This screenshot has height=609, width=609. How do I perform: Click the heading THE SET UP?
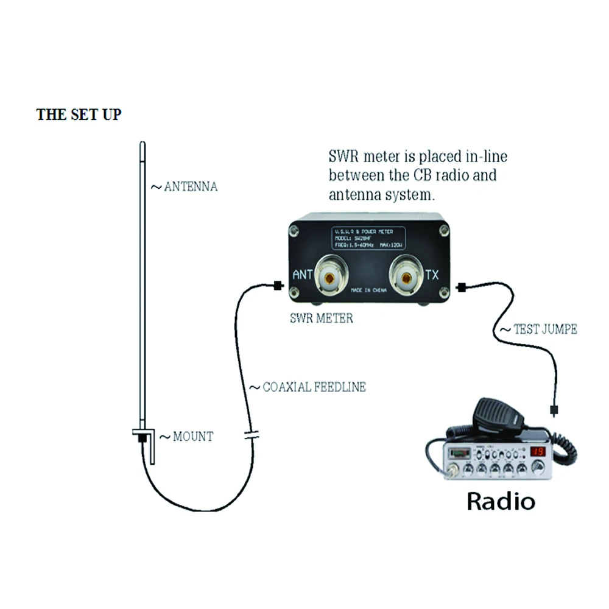click(x=79, y=114)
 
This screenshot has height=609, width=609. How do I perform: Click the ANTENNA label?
click(x=189, y=187)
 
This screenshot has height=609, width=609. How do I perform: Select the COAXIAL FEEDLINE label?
click(x=314, y=387)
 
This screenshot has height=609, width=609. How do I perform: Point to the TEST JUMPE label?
click(x=543, y=329)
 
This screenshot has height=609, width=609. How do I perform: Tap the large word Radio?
click(x=501, y=501)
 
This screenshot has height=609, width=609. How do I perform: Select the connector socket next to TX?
click(x=406, y=278)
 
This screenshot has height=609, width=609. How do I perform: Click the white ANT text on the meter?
click(x=302, y=275)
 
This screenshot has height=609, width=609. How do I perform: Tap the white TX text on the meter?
click(x=431, y=275)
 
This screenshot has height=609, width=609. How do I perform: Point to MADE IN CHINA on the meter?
click(x=368, y=292)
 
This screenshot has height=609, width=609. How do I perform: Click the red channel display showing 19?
click(x=537, y=452)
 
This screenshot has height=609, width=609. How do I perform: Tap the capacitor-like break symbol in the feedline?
click(x=252, y=435)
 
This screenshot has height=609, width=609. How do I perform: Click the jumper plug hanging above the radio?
click(x=553, y=410)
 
